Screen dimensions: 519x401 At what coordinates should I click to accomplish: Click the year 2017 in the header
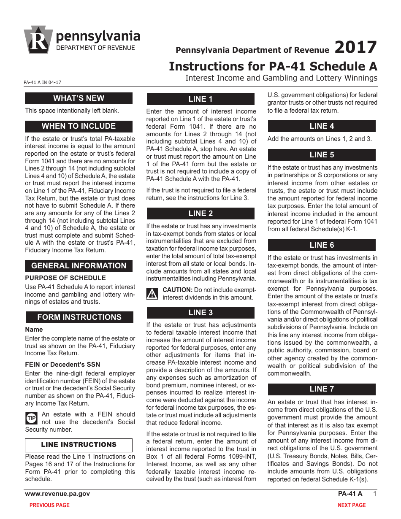point(355,47)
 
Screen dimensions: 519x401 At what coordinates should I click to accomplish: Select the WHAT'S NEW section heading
point(79,98)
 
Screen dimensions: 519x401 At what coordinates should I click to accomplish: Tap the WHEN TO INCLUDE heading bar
point(79,126)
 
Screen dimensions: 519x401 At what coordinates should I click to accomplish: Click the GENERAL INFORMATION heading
point(79,266)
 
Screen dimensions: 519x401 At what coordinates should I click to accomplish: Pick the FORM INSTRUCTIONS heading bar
point(79,317)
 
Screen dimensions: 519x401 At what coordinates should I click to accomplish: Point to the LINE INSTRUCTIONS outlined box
point(79,445)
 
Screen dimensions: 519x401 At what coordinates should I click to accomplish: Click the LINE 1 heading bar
point(200,99)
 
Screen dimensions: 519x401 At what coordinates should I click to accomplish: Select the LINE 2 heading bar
point(200,214)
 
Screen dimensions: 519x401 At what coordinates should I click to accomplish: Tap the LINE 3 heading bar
point(200,313)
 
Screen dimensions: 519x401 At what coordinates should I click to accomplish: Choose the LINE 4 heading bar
point(321,126)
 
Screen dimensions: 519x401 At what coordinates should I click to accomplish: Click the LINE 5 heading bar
point(321,155)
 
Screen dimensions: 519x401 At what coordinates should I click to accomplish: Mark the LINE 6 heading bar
point(321,245)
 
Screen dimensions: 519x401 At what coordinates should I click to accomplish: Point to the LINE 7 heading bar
point(321,389)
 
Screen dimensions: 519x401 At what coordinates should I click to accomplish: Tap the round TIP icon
point(32,418)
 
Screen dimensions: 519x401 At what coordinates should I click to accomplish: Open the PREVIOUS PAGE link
point(49,505)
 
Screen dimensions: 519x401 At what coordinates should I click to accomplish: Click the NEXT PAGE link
point(351,505)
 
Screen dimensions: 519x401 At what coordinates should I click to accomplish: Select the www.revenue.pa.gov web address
point(57,494)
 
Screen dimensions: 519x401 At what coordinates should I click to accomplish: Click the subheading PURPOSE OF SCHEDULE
point(65,278)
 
